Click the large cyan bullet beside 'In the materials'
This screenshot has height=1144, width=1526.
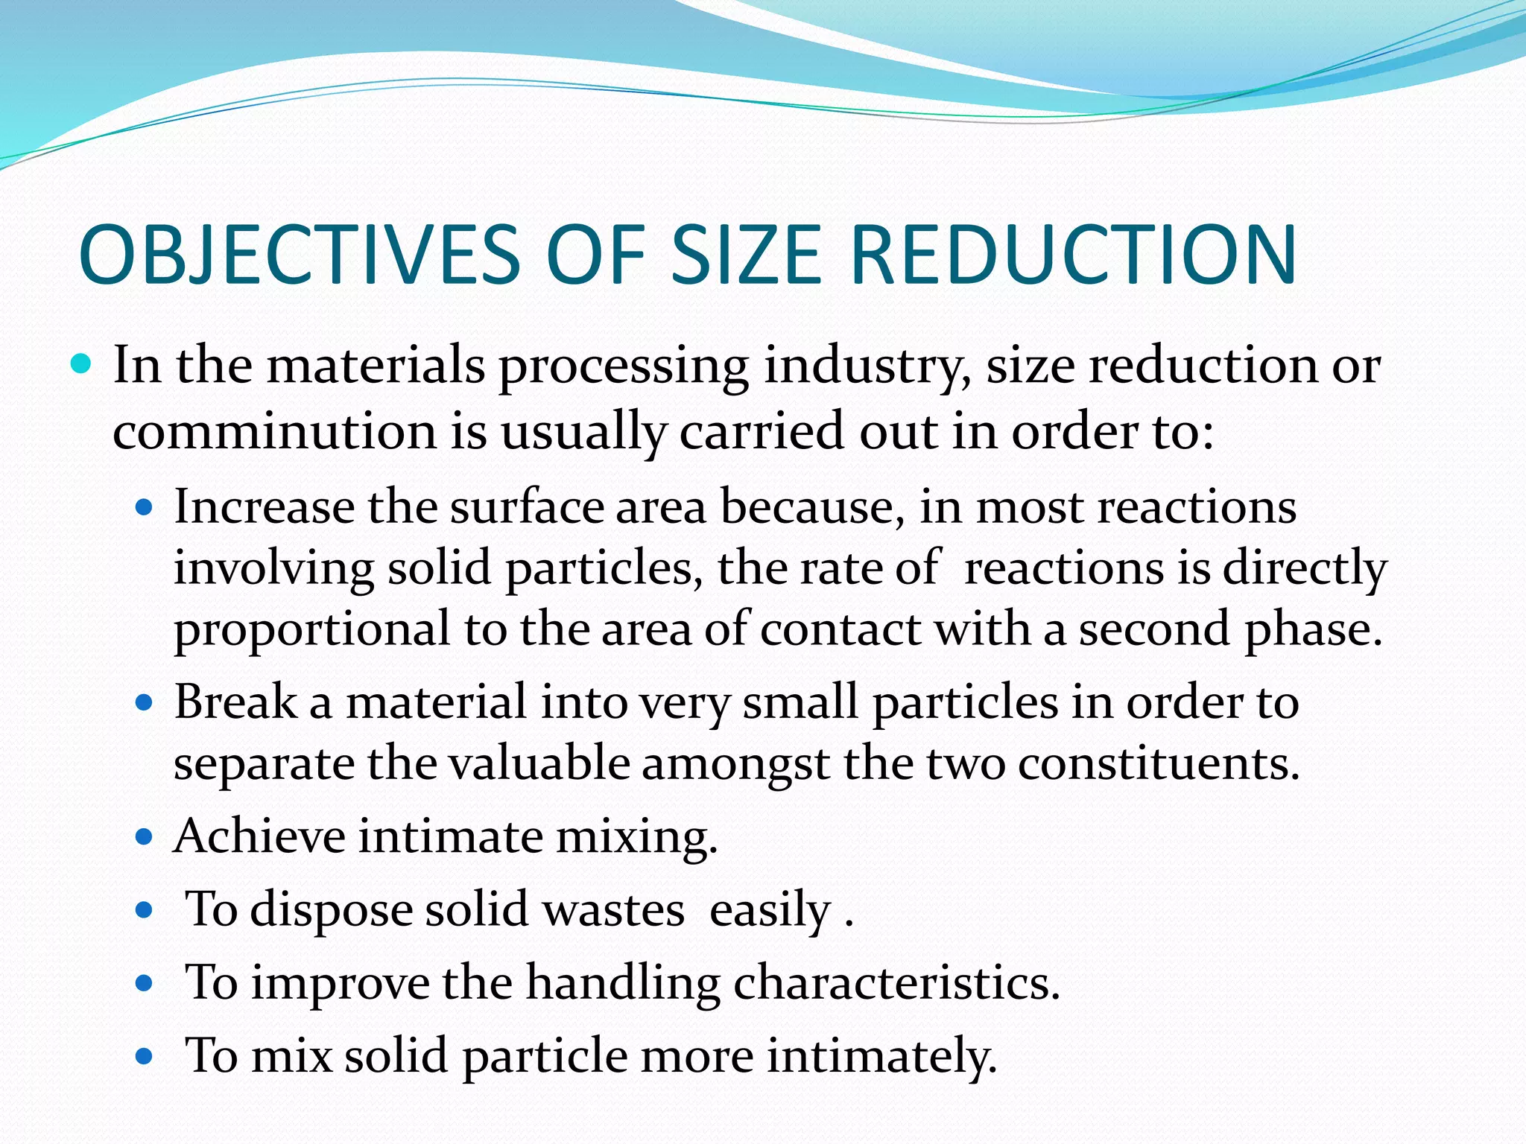tap(81, 365)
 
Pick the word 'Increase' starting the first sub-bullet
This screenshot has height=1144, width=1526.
tap(264, 507)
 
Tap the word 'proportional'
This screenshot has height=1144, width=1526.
tap(312, 630)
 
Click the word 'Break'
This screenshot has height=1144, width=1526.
tap(235, 702)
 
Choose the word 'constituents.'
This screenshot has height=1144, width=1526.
tap(1159, 764)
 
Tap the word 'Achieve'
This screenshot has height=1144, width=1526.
tap(259, 836)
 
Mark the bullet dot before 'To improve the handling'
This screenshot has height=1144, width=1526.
tap(145, 983)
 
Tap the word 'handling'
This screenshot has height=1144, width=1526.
tap(623, 983)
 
